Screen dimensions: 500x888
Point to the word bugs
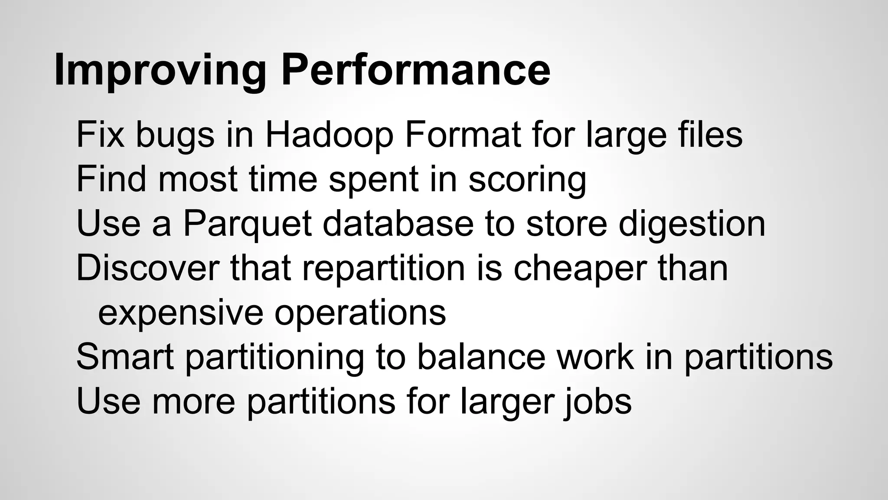click(175, 136)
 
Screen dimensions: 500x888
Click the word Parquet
click(247, 224)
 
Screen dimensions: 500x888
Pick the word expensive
click(180, 313)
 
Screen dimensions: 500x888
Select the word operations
click(360, 313)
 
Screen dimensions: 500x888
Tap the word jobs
click(597, 402)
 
